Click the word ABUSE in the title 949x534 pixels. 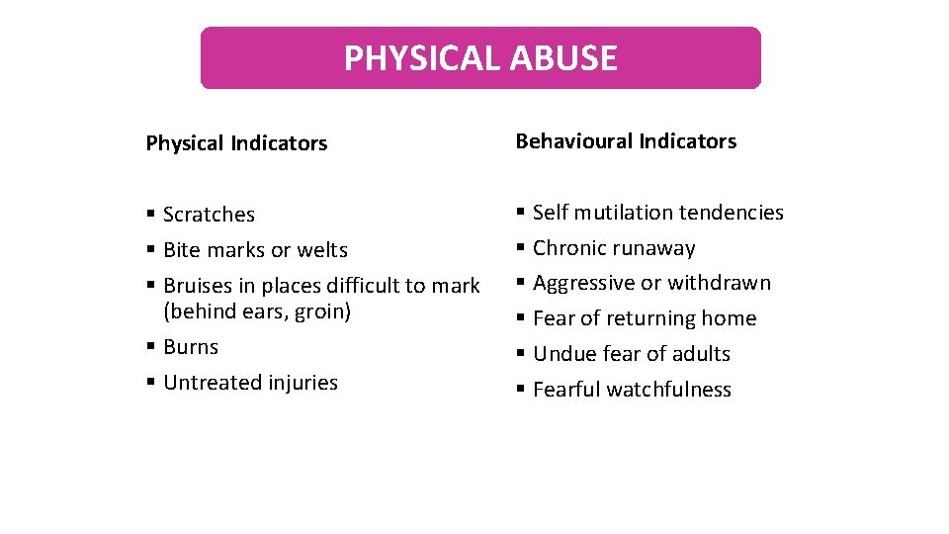(564, 58)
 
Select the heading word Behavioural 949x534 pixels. (573, 141)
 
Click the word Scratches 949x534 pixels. (209, 215)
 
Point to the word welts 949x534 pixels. (325, 250)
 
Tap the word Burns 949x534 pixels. (191, 347)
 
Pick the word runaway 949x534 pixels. (654, 248)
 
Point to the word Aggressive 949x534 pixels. (583, 283)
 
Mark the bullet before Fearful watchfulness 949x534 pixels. (521, 390)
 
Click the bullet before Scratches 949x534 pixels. (150, 215)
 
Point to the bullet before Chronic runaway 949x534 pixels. (521, 248)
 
